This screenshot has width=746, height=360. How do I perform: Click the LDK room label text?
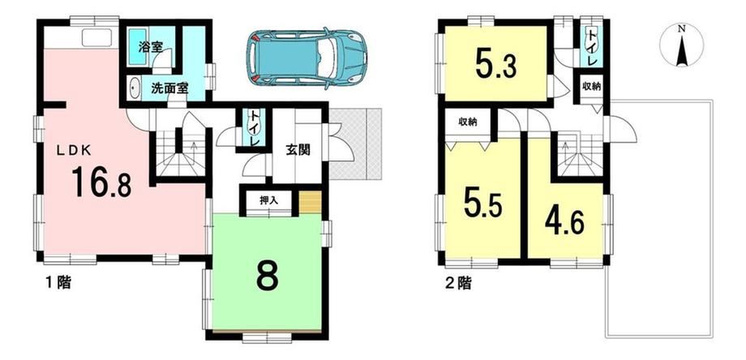pyautogui.click(x=74, y=150)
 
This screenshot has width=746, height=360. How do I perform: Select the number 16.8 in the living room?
pyautogui.click(x=101, y=182)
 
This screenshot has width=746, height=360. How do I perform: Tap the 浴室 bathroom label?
pyautogui.click(x=151, y=47)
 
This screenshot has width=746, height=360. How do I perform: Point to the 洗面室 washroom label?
pyautogui.click(x=169, y=88)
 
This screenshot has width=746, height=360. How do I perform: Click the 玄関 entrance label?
pyautogui.click(x=298, y=150)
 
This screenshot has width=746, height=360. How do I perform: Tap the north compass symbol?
pyautogui.click(x=682, y=45)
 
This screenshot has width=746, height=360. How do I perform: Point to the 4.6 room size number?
pyautogui.click(x=564, y=221)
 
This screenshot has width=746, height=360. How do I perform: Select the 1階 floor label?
pyautogui.click(x=58, y=283)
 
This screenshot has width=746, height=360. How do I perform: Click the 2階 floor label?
pyautogui.click(x=457, y=284)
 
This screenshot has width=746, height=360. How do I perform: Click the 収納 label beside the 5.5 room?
pyautogui.click(x=468, y=122)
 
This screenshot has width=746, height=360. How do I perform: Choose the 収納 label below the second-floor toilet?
pyautogui.click(x=591, y=87)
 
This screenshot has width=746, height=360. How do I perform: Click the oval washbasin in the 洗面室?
pyautogui.click(x=134, y=89)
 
